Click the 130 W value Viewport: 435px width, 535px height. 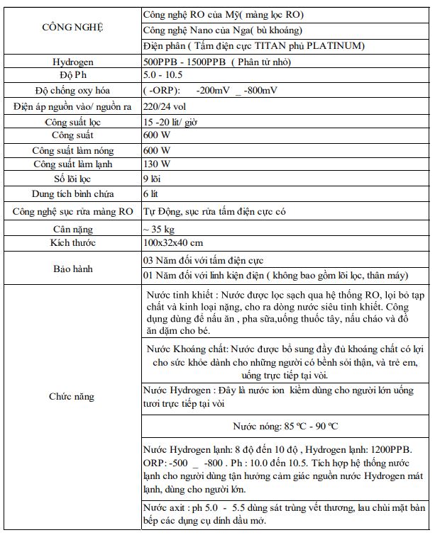156,164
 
